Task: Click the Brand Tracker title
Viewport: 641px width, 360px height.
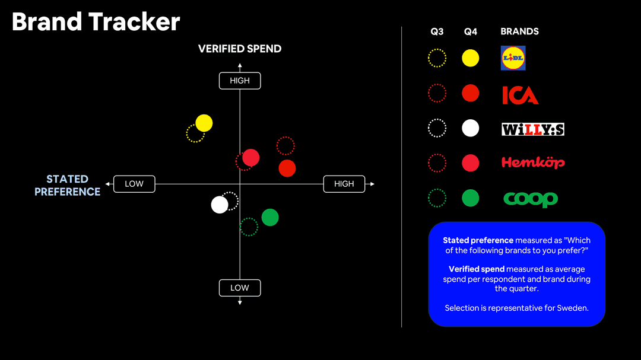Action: [96, 22]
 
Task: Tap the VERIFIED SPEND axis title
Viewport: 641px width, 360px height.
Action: [240, 49]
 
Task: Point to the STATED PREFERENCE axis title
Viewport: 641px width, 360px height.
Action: [67, 185]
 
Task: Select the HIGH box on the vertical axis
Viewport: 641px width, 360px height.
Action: [240, 81]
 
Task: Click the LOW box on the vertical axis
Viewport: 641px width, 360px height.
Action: [240, 288]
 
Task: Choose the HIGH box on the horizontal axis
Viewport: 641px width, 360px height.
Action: [344, 184]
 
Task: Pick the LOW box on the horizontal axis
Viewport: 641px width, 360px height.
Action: [134, 184]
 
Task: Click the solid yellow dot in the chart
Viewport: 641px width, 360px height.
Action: [204, 123]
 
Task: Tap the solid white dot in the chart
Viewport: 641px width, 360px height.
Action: [220, 205]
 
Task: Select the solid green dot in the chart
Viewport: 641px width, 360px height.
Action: [270, 218]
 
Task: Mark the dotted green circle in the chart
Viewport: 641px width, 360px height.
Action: [249, 227]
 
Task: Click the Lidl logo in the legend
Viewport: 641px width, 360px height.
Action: [513, 58]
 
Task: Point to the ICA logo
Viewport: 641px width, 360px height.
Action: [520, 95]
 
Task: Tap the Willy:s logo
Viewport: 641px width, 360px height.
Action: [532, 129]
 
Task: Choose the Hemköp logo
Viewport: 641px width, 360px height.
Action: [533, 162]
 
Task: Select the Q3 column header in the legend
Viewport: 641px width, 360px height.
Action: [437, 31]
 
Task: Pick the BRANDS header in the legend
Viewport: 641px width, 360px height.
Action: [519, 31]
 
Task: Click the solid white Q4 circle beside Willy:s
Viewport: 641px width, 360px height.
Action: [471, 128]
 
